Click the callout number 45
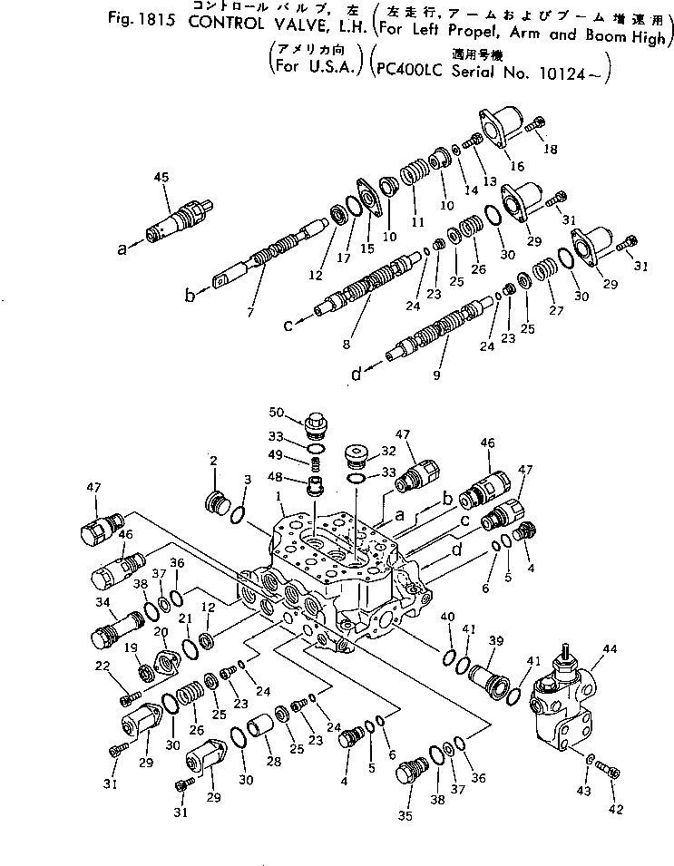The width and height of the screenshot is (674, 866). click(162, 177)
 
